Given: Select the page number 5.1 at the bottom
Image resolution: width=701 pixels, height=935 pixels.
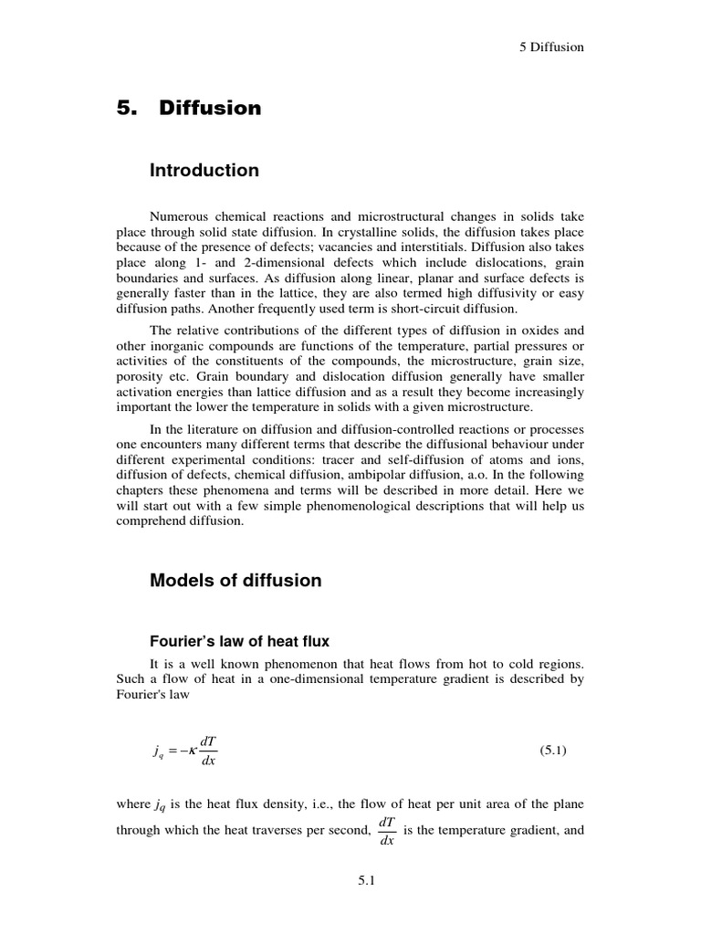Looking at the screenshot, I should [350, 881].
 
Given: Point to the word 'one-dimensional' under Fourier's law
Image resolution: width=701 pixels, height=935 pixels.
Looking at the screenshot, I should [285, 680].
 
